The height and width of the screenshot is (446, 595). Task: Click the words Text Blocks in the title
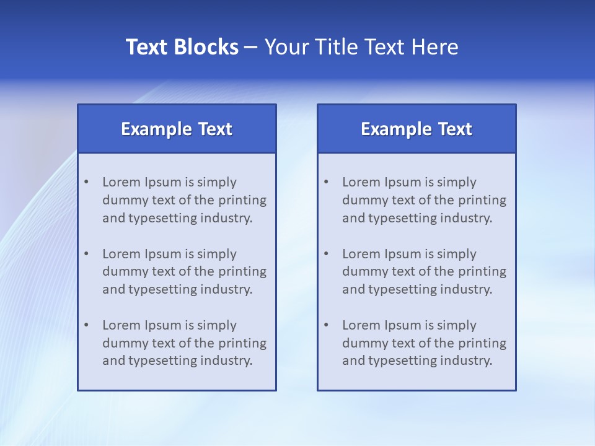(182, 47)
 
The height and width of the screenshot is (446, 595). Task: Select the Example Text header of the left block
(177, 129)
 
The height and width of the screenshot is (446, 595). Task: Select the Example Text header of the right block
(416, 129)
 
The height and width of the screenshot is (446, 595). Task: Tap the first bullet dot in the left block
(86, 182)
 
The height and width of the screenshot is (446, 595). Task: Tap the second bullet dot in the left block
(86, 254)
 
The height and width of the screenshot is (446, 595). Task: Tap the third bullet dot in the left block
(86, 325)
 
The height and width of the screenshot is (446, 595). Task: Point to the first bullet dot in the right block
(326, 182)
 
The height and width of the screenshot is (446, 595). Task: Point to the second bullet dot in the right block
(326, 254)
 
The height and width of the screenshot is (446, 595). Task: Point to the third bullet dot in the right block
(326, 325)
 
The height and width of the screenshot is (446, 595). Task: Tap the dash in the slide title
(251, 47)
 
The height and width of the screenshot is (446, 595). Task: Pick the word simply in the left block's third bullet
(217, 325)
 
